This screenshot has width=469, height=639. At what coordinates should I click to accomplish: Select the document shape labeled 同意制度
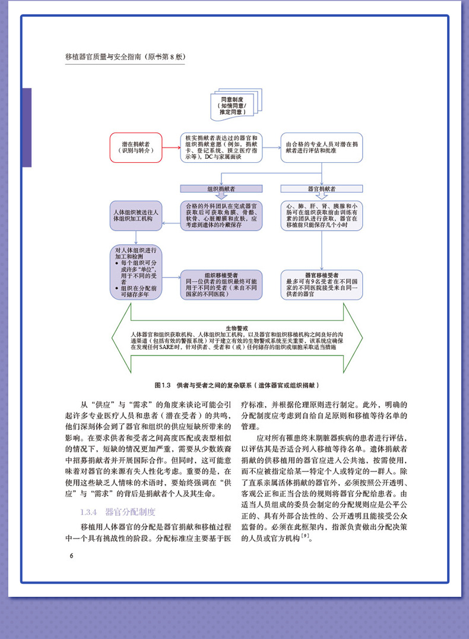(232, 105)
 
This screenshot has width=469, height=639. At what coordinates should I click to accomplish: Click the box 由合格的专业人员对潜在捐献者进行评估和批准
(321, 147)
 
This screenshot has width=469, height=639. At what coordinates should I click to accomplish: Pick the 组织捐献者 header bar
(221, 188)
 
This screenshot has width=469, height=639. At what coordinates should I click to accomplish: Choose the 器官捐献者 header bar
(321, 188)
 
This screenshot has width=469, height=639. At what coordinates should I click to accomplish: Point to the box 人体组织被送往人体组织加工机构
(136, 215)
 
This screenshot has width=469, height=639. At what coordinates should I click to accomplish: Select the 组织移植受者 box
(221, 283)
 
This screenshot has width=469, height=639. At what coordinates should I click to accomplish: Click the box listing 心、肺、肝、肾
(321, 215)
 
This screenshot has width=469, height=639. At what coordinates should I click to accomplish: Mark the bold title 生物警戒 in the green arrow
(236, 328)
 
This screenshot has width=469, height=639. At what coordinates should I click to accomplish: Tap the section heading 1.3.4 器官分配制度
(117, 512)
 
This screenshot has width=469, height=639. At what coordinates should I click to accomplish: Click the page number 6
(71, 555)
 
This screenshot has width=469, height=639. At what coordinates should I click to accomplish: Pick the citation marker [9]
(305, 537)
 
